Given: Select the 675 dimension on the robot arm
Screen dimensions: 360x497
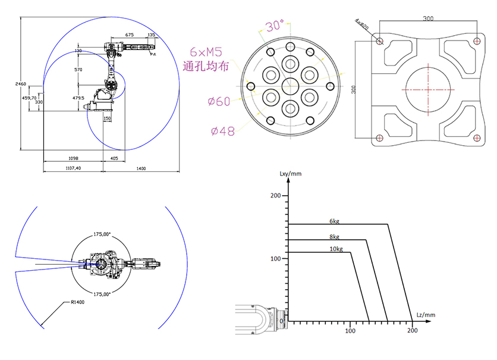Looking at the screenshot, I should click(x=129, y=35).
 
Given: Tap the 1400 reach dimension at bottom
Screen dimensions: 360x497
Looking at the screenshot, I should click(x=141, y=169).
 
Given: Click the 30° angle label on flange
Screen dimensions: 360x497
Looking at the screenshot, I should click(x=275, y=26).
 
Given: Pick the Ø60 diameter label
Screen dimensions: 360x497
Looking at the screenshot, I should click(x=219, y=101).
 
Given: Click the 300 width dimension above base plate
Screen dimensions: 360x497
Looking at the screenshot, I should click(x=428, y=18).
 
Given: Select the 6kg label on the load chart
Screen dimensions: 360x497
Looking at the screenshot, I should click(x=335, y=221).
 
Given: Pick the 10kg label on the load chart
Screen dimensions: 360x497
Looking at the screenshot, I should click(x=336, y=249).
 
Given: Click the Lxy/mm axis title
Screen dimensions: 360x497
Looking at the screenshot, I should click(x=290, y=174).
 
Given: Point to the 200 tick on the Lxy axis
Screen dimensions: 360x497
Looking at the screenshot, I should click(x=275, y=195).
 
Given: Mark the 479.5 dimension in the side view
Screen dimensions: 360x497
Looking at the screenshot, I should click(x=78, y=98).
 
